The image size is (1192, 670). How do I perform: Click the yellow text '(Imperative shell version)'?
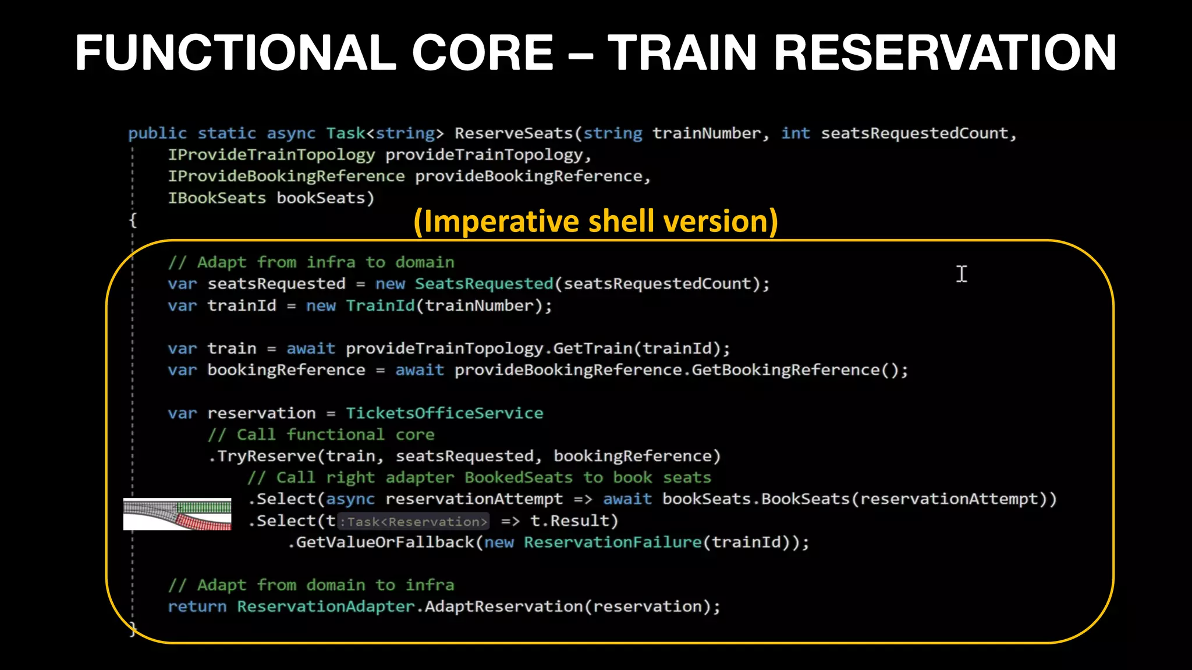tap(595, 222)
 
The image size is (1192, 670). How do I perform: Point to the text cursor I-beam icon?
tap(962, 274)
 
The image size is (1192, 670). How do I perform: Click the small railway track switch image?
tap(178, 514)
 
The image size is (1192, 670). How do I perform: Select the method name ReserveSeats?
tap(514, 133)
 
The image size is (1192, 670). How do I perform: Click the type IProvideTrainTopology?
tap(271, 155)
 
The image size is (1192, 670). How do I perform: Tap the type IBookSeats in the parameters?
tap(217, 198)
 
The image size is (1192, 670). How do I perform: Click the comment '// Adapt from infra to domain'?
tap(311, 262)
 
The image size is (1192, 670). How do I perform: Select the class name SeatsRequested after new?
tap(484, 284)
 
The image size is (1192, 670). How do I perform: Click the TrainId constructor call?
tap(381, 306)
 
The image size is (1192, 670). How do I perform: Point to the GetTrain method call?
tap(592, 348)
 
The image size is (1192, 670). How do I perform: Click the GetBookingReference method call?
tap(785, 370)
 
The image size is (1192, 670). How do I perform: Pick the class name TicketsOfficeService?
tap(444, 413)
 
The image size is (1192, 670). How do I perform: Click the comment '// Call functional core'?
tap(321, 434)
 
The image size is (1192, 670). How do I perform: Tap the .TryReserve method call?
tap(265, 456)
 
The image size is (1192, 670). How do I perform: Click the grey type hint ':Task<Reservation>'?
tap(413, 522)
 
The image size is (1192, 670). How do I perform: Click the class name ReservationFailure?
tap(612, 543)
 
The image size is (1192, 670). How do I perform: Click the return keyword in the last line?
tap(197, 607)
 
